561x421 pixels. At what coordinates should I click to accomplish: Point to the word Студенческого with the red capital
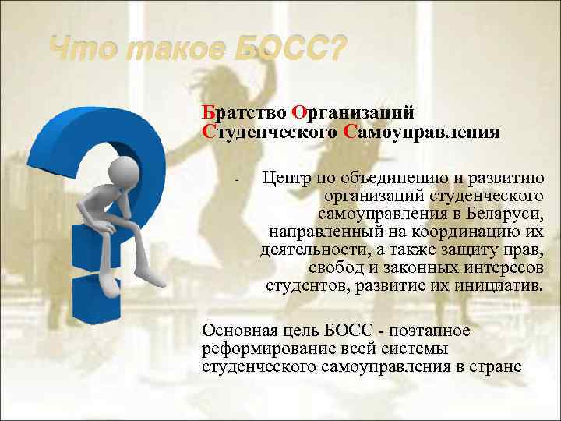[x=269, y=131]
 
